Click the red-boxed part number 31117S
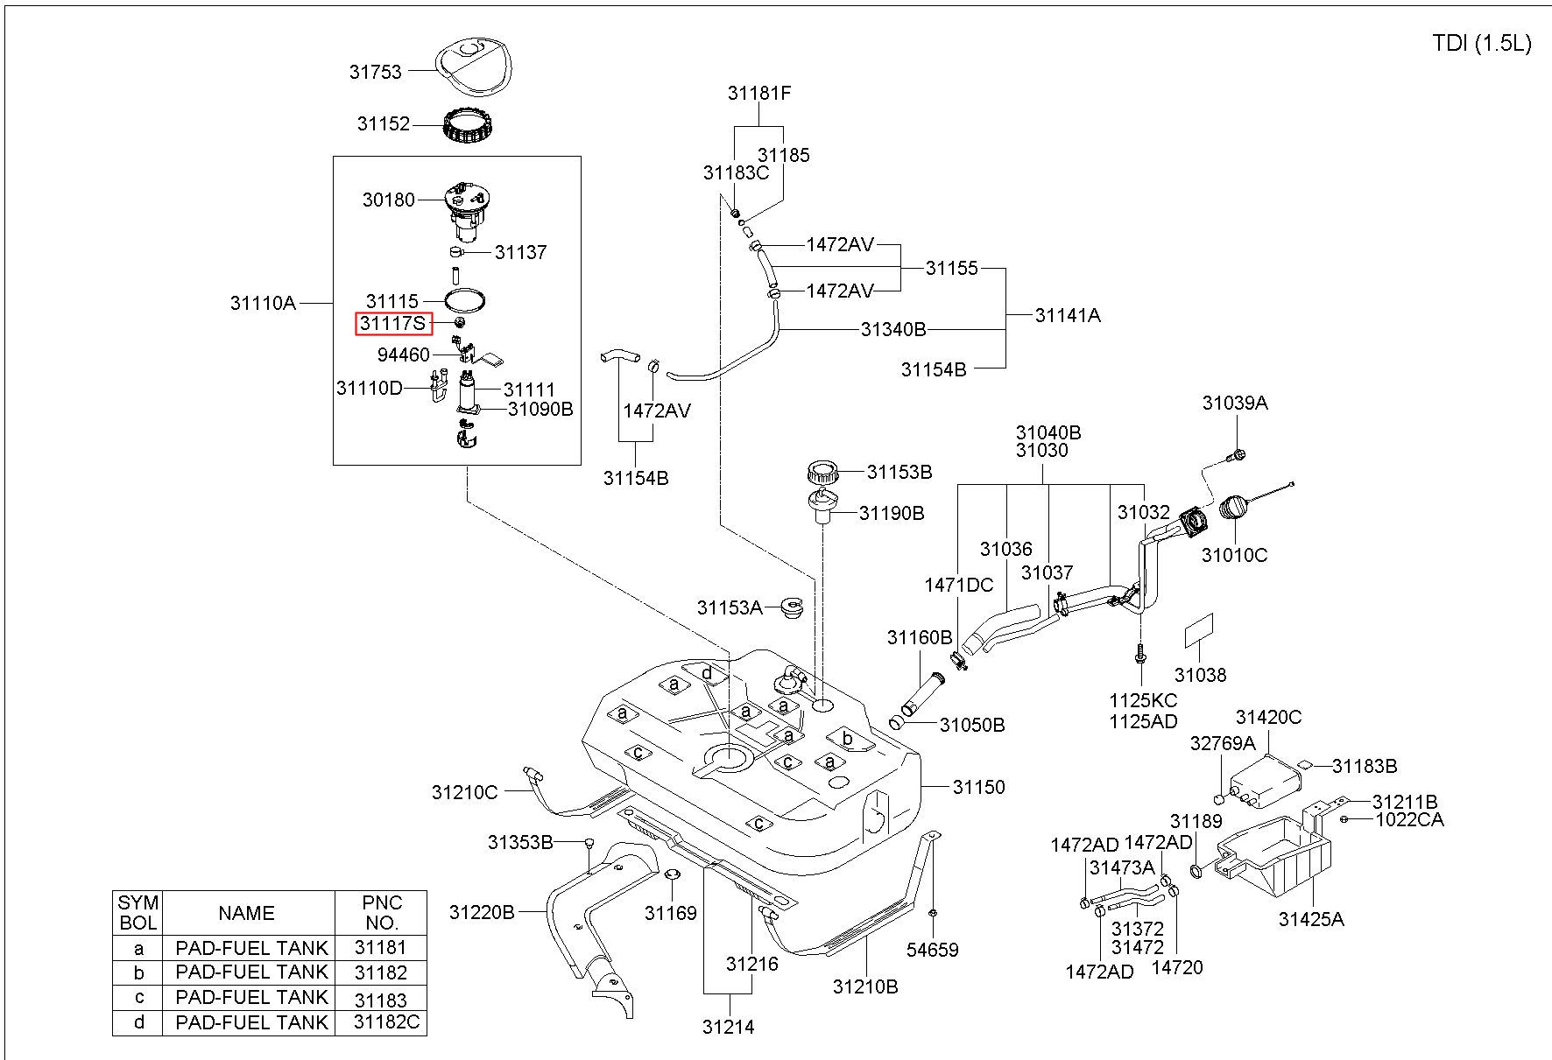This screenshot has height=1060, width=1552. tap(393, 324)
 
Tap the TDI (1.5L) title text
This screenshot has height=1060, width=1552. tap(1482, 44)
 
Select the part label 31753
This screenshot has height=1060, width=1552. tap(375, 72)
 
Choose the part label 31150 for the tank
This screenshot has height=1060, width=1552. tap(979, 787)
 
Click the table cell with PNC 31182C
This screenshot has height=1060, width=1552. tap(381, 1021)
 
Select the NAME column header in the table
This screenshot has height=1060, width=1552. tap(247, 913)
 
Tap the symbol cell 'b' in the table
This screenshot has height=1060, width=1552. tap(138, 972)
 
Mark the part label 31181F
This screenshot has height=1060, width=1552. tap(759, 93)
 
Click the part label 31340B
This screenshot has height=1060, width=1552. tap(893, 329)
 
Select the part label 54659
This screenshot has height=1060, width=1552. tap(933, 950)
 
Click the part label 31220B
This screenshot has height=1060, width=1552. tap(482, 912)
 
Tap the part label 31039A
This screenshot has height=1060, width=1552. tap(1235, 403)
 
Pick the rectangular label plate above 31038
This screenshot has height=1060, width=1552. tap(1199, 631)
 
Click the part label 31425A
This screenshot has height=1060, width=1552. tap(1311, 918)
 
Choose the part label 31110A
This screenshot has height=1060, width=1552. tap(263, 303)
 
